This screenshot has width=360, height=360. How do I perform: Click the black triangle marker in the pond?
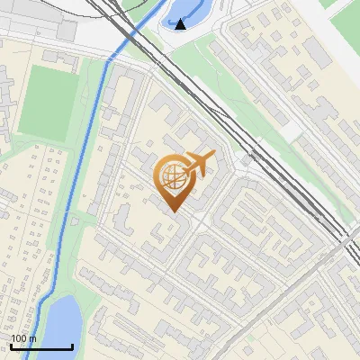[x=182, y=24]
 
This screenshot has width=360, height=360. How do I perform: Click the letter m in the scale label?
[x=32, y=338]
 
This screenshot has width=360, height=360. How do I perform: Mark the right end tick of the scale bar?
[x=72, y=346]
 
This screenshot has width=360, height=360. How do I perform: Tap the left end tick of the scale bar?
[x=11, y=346]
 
